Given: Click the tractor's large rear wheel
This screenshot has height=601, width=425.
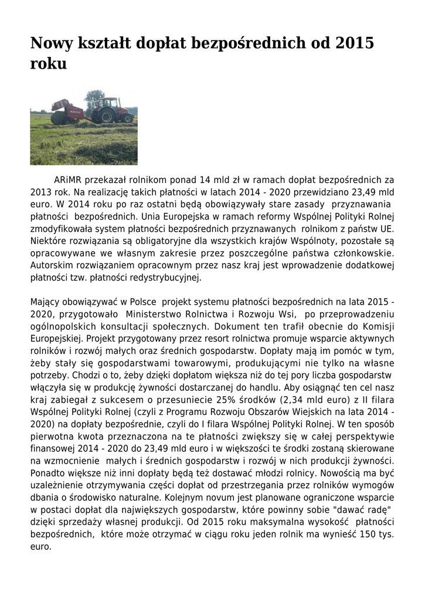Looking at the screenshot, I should [107, 114].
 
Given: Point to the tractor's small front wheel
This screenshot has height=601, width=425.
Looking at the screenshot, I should [127, 118].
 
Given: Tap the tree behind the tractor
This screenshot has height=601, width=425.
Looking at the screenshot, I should [94, 97].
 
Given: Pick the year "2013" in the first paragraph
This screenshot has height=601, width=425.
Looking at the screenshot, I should [40, 192].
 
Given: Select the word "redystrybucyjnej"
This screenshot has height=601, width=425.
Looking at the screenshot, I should [171, 277].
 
